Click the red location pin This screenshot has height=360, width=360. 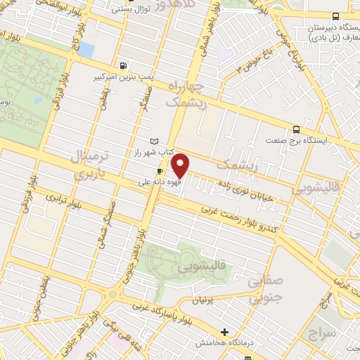(181, 165)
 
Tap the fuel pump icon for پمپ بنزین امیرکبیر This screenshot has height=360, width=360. (124, 66)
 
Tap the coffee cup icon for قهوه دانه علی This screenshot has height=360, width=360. (160, 171)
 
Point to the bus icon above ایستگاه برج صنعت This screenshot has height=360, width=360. (297, 129)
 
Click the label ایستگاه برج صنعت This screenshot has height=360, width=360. (317, 141)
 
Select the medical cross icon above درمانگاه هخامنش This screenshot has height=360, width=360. (224, 332)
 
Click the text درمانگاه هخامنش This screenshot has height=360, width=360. (223, 342)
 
